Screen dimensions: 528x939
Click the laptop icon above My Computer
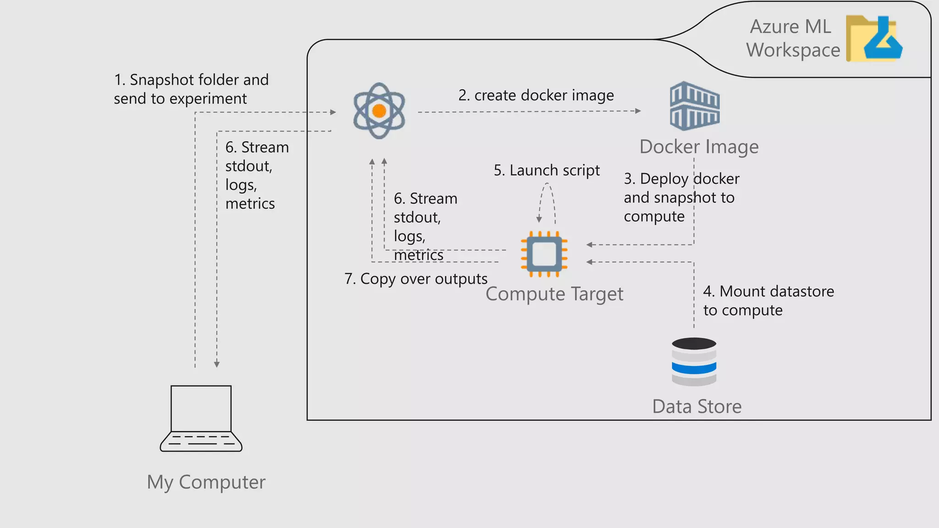(201, 418)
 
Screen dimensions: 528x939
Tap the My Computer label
(206, 482)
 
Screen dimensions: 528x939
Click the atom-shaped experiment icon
(379, 111)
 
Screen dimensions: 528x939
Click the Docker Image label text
(699, 147)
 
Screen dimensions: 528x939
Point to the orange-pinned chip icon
(544, 254)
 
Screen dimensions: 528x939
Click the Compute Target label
(554, 294)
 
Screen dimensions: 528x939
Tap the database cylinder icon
(694, 362)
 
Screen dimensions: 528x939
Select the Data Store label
(696, 407)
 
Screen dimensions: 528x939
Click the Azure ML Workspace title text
(793, 38)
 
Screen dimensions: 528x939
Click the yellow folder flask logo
(874, 38)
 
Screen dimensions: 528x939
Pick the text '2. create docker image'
(536, 95)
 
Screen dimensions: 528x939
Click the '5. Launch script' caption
(547, 170)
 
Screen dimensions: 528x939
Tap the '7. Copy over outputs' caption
(416, 279)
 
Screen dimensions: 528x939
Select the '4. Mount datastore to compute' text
(768, 301)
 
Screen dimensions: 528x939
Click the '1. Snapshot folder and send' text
(191, 89)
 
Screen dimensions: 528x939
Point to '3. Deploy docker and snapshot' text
(681, 197)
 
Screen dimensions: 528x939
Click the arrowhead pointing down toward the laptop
(217, 364)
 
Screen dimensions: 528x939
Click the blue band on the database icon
(694, 368)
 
